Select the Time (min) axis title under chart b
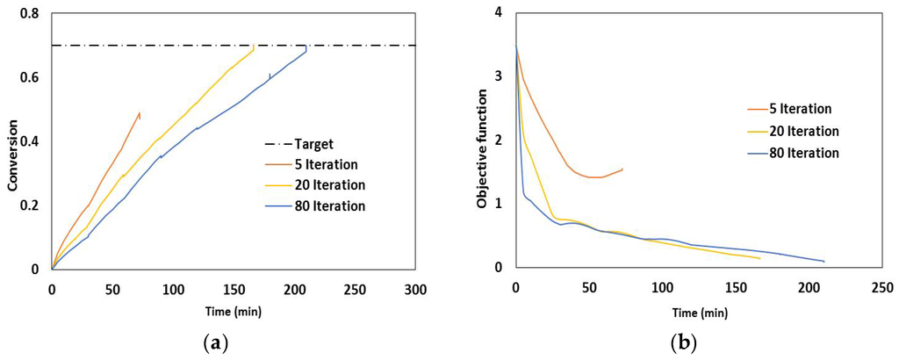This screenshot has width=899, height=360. pyautogui.click(x=700, y=311)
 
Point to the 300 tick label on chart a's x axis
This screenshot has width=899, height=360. pyautogui.click(x=415, y=289)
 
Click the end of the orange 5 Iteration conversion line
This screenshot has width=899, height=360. pyautogui.click(x=140, y=112)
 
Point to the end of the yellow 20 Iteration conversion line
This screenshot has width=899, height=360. pyautogui.click(x=254, y=47)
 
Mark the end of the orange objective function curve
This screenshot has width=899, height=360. pyautogui.click(x=622, y=169)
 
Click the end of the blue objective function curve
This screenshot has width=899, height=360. pyautogui.click(x=824, y=262)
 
